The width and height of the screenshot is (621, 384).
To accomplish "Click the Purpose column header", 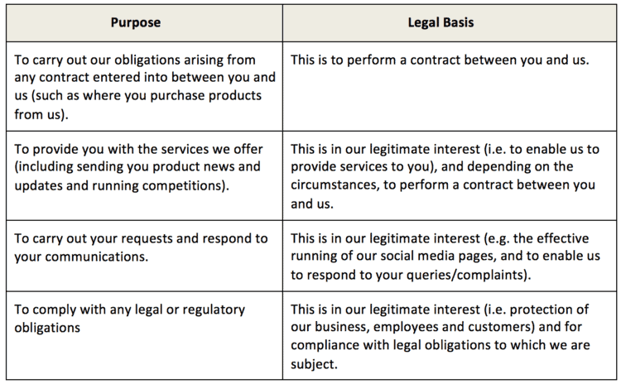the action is click(x=136, y=22).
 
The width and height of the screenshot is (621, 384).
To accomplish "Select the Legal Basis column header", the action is click(x=440, y=22).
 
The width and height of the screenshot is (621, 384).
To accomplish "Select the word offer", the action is click(x=248, y=149).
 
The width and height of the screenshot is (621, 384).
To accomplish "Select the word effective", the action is click(x=564, y=238).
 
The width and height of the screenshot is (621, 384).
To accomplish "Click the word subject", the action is click(x=314, y=364).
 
